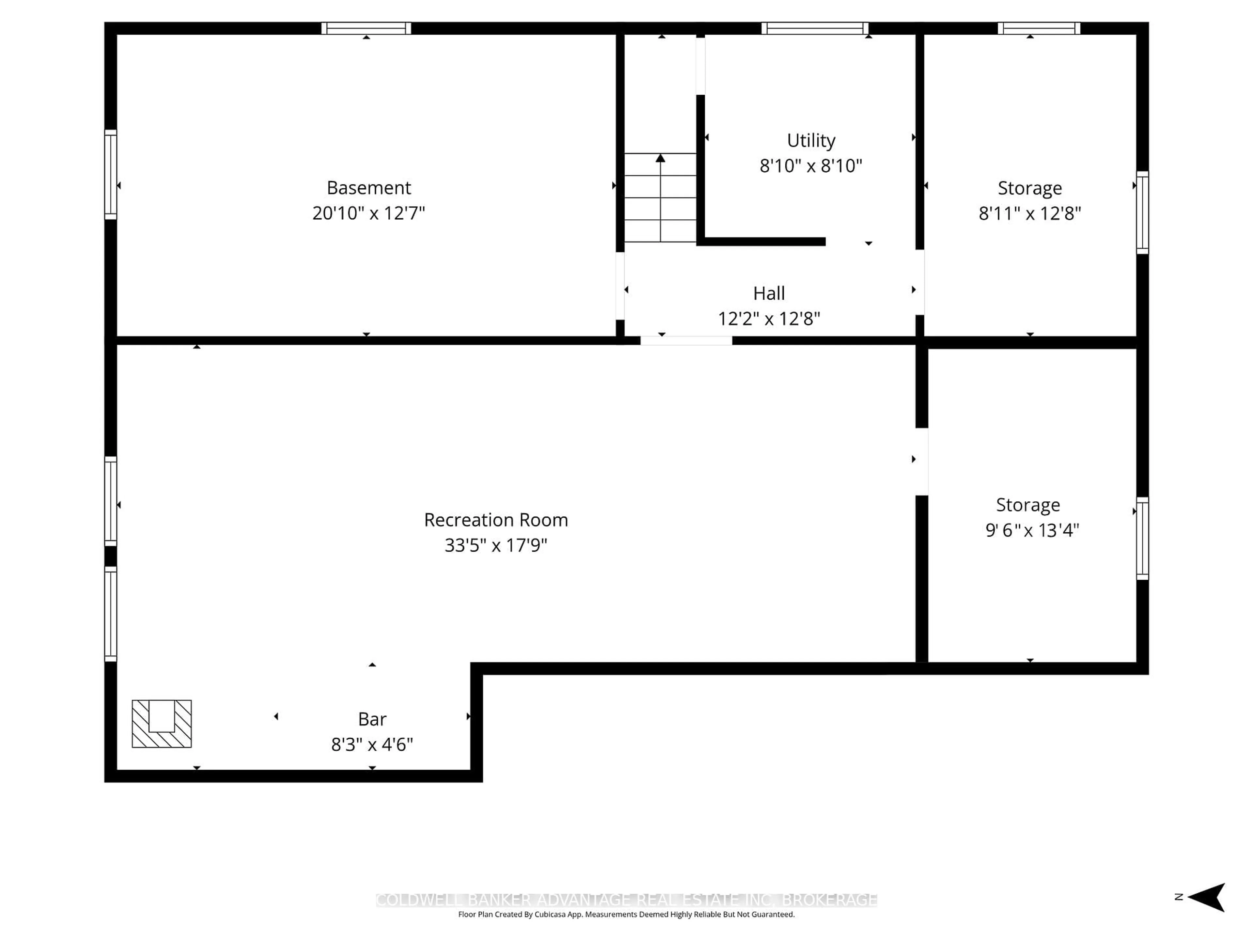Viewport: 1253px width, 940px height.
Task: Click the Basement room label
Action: coord(369,188)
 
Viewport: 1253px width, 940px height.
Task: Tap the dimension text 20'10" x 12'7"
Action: coord(369,213)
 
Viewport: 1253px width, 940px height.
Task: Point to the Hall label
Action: coord(769,293)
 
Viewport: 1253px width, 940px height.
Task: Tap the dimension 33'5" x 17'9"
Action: coord(496,545)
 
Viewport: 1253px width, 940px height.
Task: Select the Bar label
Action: coord(372,719)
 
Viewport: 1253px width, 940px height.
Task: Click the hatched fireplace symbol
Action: coord(162,724)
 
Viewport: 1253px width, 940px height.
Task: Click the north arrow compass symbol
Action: coord(1207,897)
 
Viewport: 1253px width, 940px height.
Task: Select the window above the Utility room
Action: coord(814,28)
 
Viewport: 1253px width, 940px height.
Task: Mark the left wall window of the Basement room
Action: coord(111,175)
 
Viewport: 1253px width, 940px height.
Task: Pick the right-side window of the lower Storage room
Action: coord(1142,538)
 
